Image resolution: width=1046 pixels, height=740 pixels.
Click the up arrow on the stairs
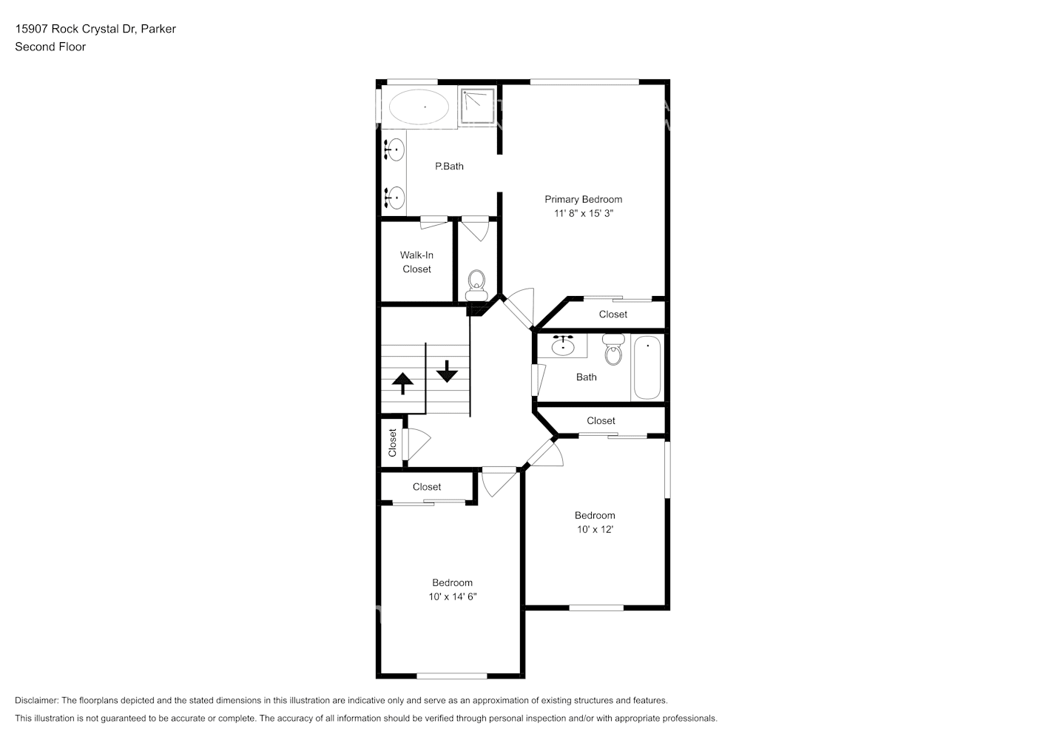[x=402, y=383]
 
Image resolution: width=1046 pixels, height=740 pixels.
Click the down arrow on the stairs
[x=447, y=370]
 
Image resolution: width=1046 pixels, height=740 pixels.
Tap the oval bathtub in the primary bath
[x=419, y=107]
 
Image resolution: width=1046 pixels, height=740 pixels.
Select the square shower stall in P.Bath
[x=478, y=107]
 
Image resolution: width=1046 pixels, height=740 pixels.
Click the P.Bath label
[x=449, y=166]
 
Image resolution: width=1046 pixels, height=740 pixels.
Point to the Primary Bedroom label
[x=583, y=199]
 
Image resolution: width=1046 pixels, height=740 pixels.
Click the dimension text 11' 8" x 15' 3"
[x=584, y=213]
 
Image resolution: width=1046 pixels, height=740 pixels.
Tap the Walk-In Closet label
[x=416, y=262]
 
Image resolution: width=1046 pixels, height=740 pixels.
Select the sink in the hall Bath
[x=564, y=346]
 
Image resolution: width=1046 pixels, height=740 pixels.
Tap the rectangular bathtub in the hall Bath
[x=647, y=367]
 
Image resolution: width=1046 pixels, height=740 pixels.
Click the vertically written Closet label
[x=393, y=443]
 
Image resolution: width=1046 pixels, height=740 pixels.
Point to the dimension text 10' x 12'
[x=595, y=529]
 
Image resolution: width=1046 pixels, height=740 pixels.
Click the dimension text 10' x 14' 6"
[x=452, y=596]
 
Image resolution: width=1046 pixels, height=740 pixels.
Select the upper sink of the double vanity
[x=395, y=149]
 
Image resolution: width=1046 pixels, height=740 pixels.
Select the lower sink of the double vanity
[x=395, y=198]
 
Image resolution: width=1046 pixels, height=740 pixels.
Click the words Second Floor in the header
[x=50, y=47]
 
